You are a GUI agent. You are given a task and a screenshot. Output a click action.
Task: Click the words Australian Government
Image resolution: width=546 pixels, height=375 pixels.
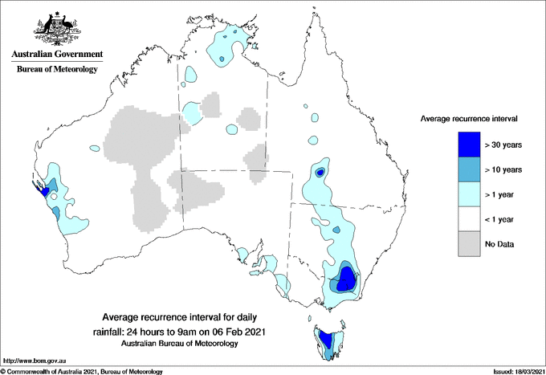click(x=56, y=55)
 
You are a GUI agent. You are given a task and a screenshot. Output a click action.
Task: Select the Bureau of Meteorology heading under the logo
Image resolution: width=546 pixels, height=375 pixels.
click(x=56, y=69)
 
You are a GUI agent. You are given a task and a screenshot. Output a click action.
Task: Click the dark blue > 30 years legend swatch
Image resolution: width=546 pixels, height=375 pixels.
click(x=469, y=145)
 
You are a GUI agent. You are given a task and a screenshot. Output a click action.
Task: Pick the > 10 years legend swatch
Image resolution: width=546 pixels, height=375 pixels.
click(x=469, y=169)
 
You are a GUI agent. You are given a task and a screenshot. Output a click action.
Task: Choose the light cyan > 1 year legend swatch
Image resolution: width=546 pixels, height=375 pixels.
click(x=469, y=194)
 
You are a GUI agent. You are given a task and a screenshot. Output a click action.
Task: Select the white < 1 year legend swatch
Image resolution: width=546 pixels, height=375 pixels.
click(x=469, y=219)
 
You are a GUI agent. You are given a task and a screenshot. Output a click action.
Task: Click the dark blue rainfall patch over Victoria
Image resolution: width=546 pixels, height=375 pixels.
click(x=348, y=280)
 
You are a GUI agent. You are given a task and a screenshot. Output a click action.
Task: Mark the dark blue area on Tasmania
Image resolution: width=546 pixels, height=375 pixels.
click(x=325, y=337)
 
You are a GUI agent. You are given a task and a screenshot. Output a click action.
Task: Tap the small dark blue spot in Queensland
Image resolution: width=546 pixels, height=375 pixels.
click(x=320, y=173)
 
